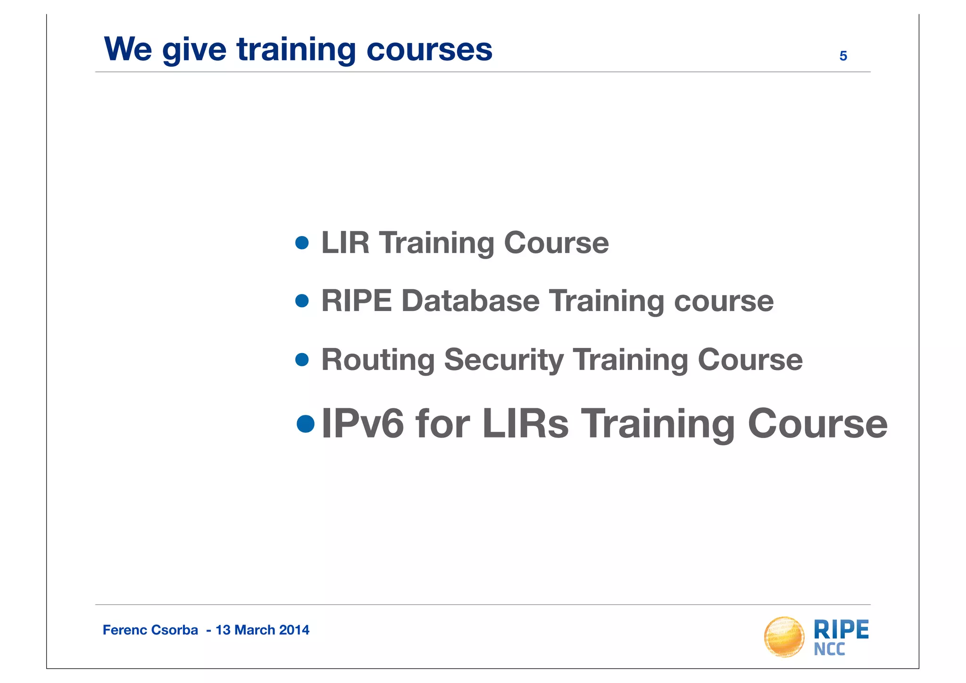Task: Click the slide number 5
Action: pyautogui.click(x=843, y=56)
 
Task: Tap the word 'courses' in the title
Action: pyautogui.click(x=429, y=49)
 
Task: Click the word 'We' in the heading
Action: pyautogui.click(x=128, y=49)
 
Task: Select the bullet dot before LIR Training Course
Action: pyautogui.click(x=302, y=243)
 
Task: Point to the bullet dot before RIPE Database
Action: pyautogui.click(x=302, y=301)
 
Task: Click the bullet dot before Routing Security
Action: pyautogui.click(x=302, y=360)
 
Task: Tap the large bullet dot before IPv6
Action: pyautogui.click(x=306, y=423)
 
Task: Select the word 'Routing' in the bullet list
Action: pyautogui.click(x=377, y=360)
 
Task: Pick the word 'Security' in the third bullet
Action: pyautogui.click(x=503, y=360)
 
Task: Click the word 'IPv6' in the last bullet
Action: pyautogui.click(x=362, y=423)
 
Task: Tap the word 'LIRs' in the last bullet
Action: pyautogui.click(x=525, y=423)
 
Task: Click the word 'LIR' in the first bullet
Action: pyautogui.click(x=345, y=243)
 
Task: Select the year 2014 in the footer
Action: pyautogui.click(x=294, y=630)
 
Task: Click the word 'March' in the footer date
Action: pyautogui.click(x=255, y=630)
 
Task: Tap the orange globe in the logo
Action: pyautogui.click(x=784, y=637)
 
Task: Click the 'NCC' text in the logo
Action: pyautogui.click(x=829, y=649)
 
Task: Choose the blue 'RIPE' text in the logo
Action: pyautogui.click(x=841, y=630)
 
